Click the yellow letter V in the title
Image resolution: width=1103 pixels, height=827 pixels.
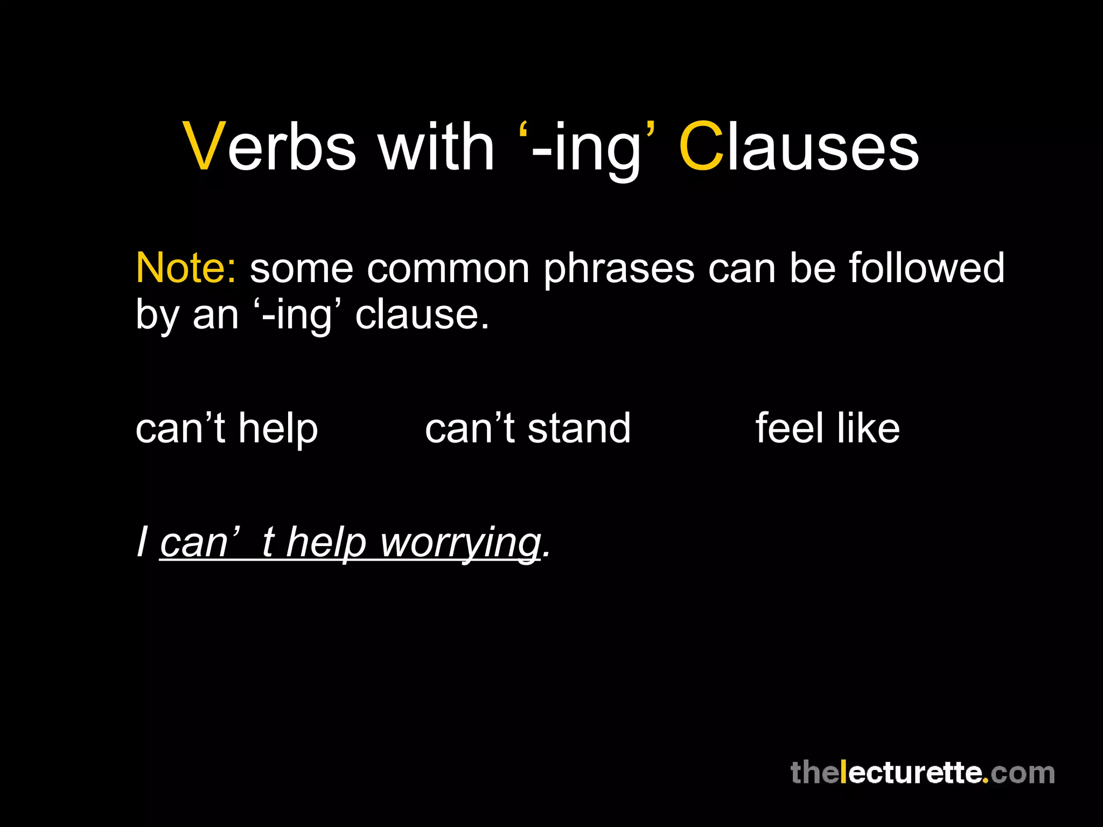point(204,147)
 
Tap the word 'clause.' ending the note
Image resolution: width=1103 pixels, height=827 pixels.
point(422,315)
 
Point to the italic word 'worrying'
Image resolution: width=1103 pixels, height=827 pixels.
point(460,544)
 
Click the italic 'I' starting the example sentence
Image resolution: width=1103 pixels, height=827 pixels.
point(142,542)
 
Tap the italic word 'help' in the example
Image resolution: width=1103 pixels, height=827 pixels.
point(326,544)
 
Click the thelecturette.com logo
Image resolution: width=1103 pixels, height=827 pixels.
point(922,773)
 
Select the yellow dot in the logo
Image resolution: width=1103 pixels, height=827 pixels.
point(985,780)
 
